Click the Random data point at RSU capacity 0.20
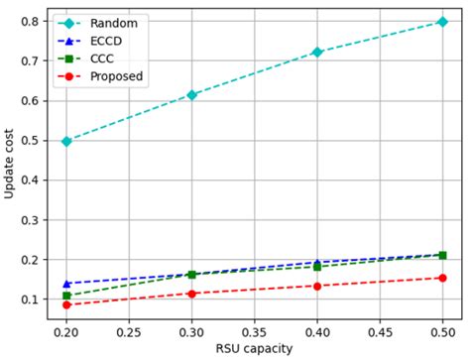(x=66, y=141)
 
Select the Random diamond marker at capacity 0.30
(x=191, y=94)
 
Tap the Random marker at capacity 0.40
(x=317, y=52)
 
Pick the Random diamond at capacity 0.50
(x=442, y=21)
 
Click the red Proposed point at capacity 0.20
(x=66, y=304)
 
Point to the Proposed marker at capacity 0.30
(x=191, y=294)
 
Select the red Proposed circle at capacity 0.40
(x=317, y=286)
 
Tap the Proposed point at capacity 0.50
(x=442, y=278)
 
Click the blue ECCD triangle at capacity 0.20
(x=66, y=284)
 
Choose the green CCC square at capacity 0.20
(x=66, y=296)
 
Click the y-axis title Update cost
(x=10, y=163)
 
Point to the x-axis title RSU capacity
(x=254, y=349)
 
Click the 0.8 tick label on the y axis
(x=32, y=21)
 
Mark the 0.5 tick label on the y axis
(x=32, y=140)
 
